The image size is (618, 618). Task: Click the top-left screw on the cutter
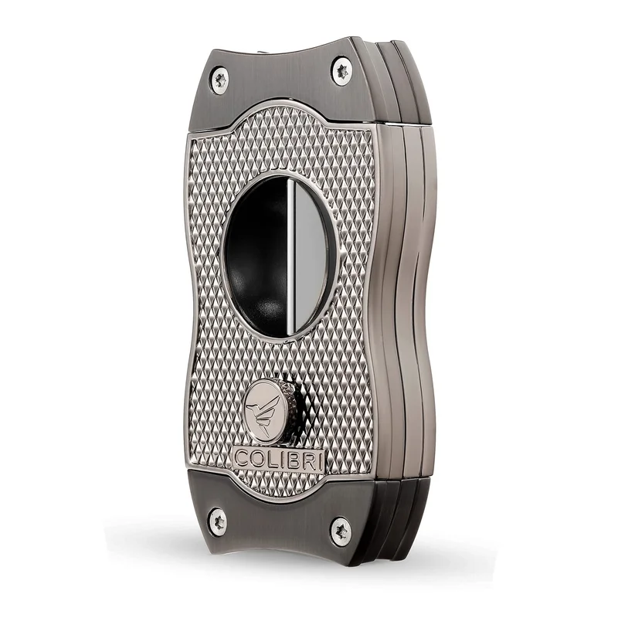219,80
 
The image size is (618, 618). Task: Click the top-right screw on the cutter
341,71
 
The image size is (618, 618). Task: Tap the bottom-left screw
218,522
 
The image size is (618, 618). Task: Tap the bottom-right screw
341,531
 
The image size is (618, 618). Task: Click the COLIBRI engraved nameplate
279,460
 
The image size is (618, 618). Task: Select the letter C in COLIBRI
242,458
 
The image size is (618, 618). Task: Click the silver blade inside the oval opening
310,257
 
